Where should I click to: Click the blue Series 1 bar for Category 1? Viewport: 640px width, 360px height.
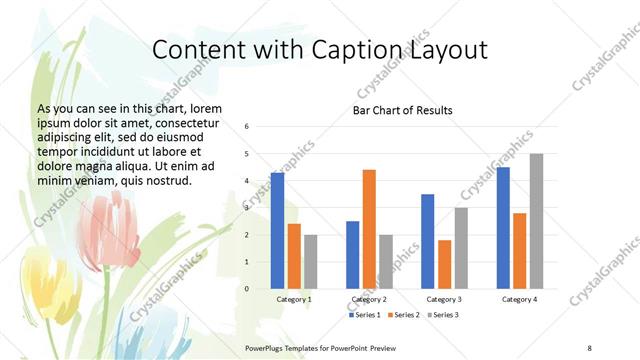[x=277, y=231]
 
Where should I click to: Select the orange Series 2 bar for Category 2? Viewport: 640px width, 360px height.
[x=369, y=229]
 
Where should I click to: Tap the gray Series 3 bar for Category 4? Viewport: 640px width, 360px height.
[x=537, y=221]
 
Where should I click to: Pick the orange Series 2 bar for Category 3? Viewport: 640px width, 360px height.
[x=445, y=264]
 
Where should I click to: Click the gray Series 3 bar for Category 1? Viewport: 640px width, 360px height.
[x=311, y=262]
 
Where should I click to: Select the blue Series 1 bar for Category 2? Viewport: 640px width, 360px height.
[x=352, y=255]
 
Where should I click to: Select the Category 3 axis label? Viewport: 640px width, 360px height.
[x=444, y=299]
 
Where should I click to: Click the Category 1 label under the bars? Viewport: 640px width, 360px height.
[x=294, y=299]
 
